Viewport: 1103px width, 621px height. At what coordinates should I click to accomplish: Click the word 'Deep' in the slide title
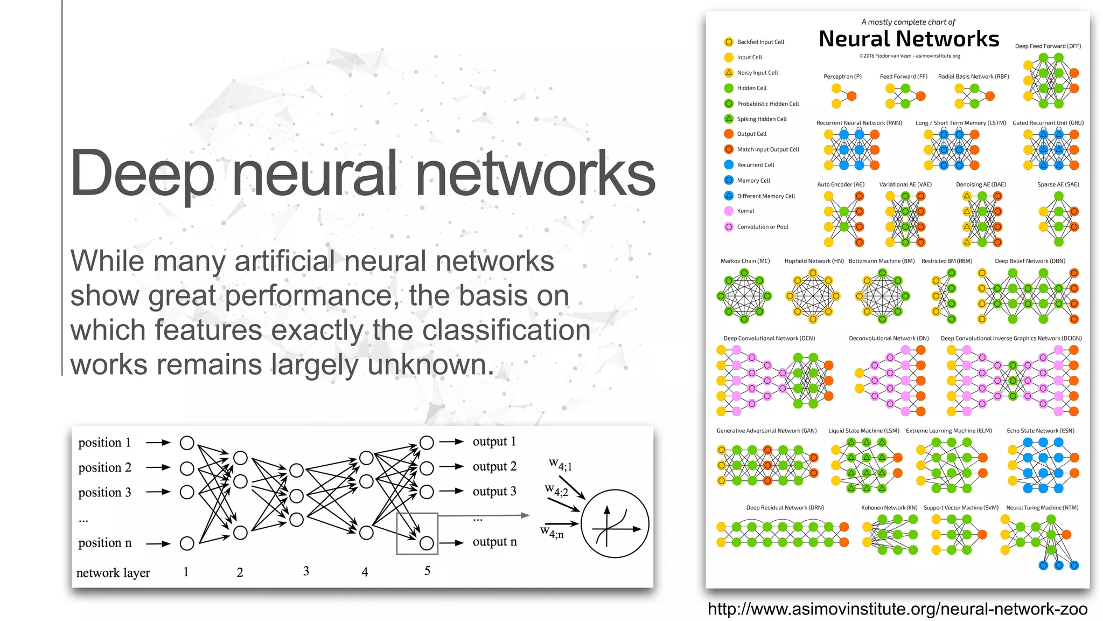(x=142, y=174)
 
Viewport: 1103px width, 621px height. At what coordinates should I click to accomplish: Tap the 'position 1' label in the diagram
(x=104, y=443)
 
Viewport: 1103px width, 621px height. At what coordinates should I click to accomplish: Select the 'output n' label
(x=494, y=542)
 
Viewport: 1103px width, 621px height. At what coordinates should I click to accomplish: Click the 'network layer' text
(x=113, y=572)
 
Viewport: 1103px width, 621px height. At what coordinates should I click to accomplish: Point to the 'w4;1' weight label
(x=560, y=464)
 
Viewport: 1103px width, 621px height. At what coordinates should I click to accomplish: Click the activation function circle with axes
(x=615, y=524)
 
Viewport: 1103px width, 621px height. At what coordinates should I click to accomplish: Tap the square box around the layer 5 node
(x=417, y=534)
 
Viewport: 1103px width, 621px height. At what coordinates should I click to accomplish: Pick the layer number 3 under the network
(x=306, y=571)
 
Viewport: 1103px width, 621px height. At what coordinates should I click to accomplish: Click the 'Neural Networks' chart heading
(x=909, y=39)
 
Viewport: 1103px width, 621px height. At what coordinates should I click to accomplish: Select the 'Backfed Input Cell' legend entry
(x=760, y=42)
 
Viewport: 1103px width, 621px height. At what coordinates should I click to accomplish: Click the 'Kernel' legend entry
(x=745, y=211)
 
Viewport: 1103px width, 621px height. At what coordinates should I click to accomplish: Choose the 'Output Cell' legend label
(x=751, y=134)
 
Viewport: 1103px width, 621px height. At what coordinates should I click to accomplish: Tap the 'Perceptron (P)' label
(x=842, y=77)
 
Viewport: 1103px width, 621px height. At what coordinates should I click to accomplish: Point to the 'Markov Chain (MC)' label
(x=745, y=261)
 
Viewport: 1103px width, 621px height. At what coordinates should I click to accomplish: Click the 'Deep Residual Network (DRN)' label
(x=785, y=508)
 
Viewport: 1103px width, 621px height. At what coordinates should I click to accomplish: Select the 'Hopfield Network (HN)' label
(x=814, y=261)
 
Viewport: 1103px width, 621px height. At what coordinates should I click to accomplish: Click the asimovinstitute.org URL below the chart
(x=897, y=609)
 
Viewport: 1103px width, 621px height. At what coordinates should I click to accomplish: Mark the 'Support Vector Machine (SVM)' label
(x=961, y=508)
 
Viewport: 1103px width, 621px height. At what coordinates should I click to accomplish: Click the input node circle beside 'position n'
(x=187, y=543)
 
